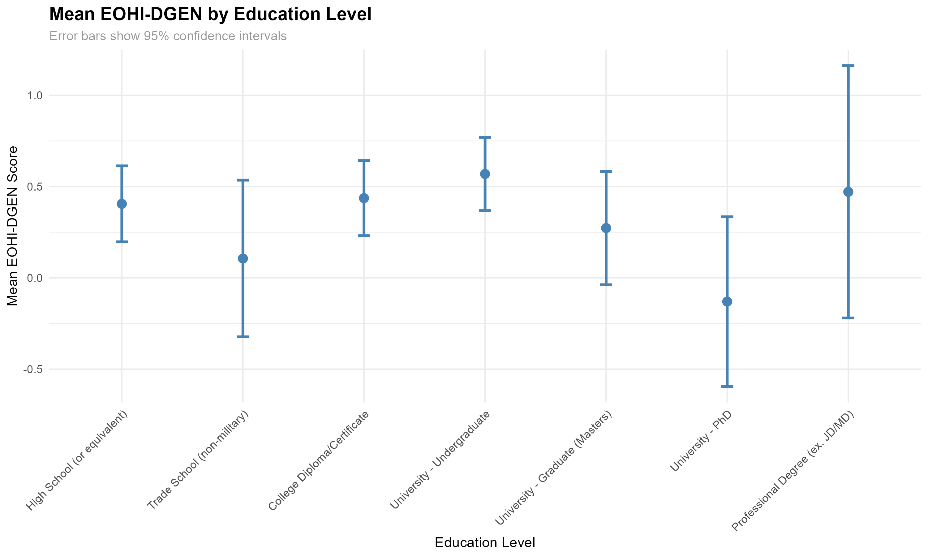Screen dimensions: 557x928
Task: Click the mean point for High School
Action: pos(122,204)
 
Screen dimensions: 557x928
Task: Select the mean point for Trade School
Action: pos(243,259)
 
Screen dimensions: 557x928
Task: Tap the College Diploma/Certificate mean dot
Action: pos(364,198)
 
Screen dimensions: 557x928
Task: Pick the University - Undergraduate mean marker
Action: pos(485,174)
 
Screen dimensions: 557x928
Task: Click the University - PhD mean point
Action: pos(727,301)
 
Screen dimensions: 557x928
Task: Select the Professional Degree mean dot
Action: pos(848,192)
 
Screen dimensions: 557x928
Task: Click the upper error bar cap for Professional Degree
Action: pos(848,66)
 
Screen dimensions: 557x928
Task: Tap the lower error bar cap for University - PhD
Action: pos(727,386)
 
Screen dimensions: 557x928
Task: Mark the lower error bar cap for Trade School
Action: pos(243,337)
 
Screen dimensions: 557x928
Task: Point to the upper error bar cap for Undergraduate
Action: pos(485,137)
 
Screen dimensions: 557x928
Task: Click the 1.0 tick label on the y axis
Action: pos(35,95)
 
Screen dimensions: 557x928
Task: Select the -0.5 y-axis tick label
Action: pos(33,369)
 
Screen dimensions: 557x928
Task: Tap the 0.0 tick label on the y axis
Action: pos(35,278)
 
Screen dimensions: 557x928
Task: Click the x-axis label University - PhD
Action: pos(701,441)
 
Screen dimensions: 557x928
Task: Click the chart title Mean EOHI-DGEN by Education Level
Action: pos(210,14)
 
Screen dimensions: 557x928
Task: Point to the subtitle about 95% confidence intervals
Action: pos(168,36)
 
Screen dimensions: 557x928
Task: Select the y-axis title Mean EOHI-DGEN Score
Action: pos(13,226)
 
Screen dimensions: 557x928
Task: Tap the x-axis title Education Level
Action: pos(485,542)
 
